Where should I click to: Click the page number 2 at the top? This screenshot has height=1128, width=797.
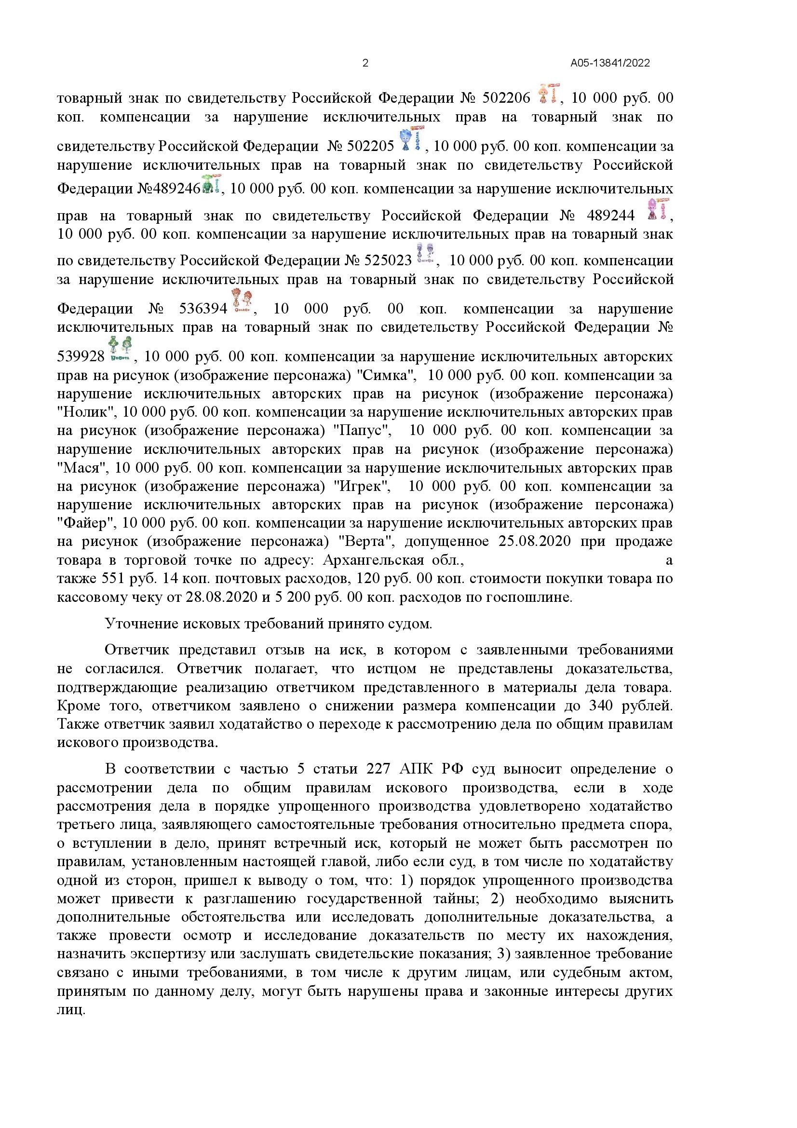click(x=365, y=63)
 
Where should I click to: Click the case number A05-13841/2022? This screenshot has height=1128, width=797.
click(x=610, y=63)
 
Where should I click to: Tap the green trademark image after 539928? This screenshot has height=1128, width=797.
click(x=121, y=349)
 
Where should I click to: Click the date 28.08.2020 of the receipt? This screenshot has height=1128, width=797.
click(x=221, y=598)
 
